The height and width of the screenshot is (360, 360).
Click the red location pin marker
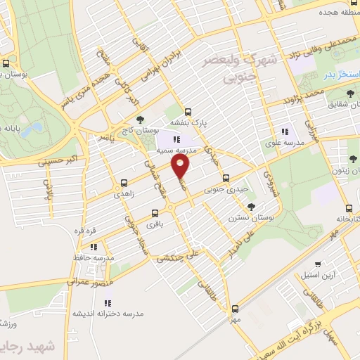point(181,166)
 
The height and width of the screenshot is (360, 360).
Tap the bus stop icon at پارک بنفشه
point(188,111)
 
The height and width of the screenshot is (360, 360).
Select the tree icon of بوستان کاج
point(141,119)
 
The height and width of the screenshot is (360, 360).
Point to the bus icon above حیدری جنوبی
point(225,178)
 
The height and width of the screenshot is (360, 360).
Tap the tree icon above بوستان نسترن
point(251,207)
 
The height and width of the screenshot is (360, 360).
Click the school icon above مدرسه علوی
point(285,131)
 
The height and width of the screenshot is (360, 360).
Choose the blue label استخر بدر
point(340,74)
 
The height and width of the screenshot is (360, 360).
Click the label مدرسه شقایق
point(328,104)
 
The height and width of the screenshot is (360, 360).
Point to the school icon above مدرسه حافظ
point(93,247)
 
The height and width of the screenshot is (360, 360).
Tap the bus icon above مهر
point(235,307)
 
